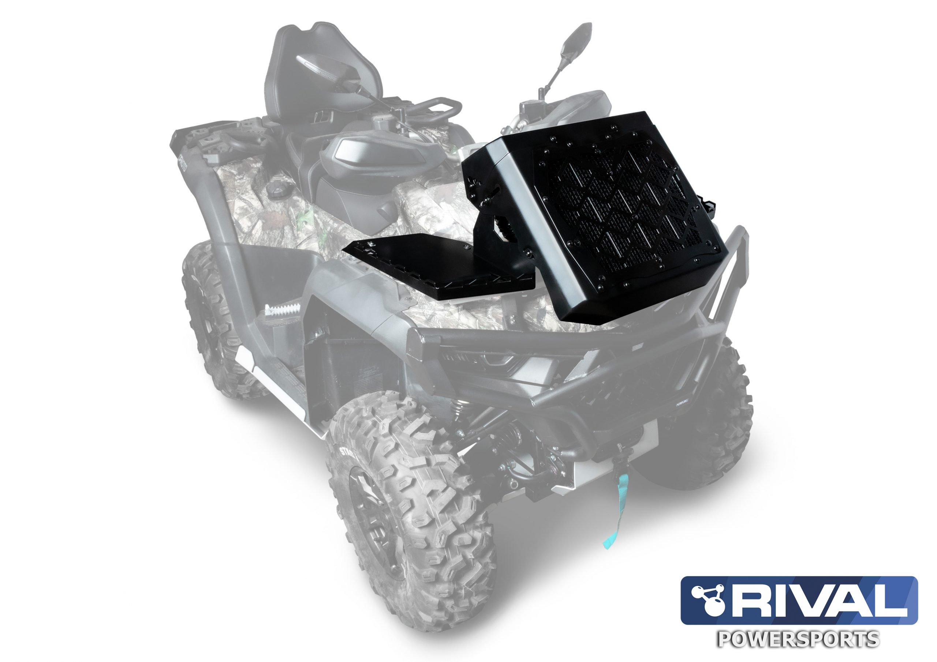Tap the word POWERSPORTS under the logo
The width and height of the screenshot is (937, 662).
[x=798, y=640]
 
